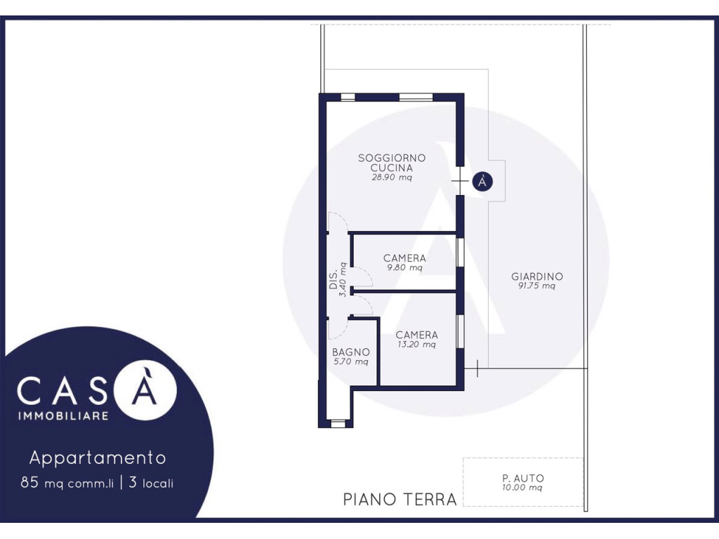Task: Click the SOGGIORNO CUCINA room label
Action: tap(392, 163)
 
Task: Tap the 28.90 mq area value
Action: tap(392, 178)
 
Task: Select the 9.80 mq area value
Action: tap(404, 267)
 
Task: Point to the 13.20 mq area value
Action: tap(416, 344)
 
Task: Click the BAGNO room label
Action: tap(351, 352)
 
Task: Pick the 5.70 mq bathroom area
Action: tap(351, 361)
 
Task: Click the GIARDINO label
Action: tap(537, 277)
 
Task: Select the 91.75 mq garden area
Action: tap(536, 286)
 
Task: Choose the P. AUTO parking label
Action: tap(522, 478)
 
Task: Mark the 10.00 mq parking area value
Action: tap(522, 488)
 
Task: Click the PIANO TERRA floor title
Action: tap(400, 499)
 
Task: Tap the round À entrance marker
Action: tap(482, 182)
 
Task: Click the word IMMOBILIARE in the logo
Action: tap(63, 416)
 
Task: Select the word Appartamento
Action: tap(98, 458)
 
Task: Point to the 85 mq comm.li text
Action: tap(67, 483)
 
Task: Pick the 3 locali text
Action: tap(151, 483)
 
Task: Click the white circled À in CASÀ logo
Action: tap(145, 389)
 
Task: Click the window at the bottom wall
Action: tap(338, 423)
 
